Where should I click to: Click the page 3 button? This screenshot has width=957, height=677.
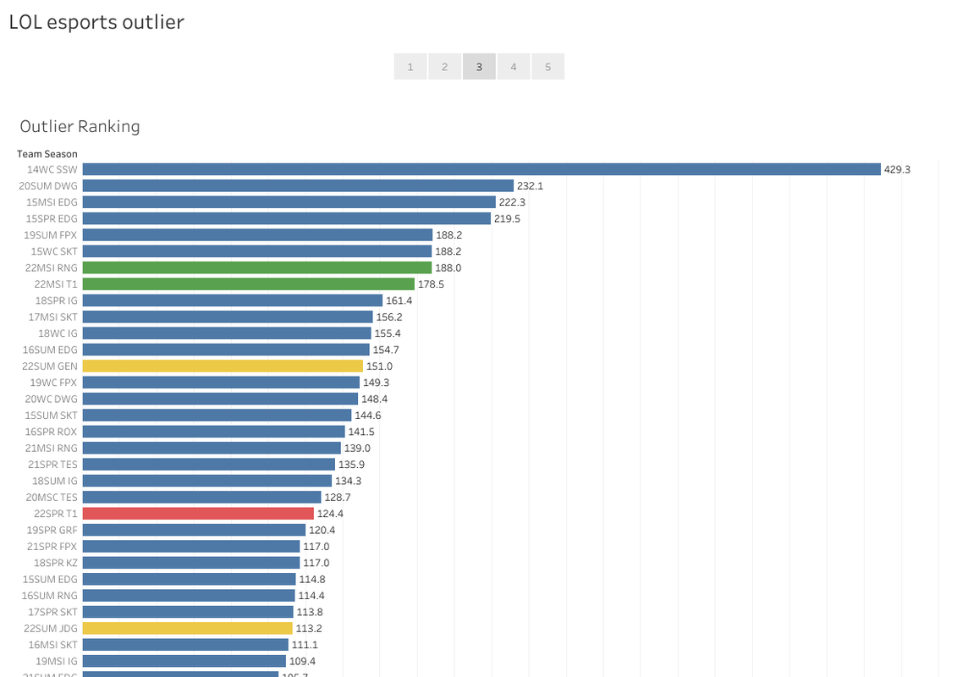click(479, 67)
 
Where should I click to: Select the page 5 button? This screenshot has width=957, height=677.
click(547, 67)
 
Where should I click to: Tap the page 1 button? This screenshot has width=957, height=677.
click(410, 67)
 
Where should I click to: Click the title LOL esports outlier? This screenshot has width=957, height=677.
click(96, 22)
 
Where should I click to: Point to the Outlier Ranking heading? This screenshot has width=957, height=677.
click(80, 126)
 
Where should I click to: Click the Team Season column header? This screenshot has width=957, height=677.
click(47, 154)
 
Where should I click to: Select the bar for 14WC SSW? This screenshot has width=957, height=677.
click(481, 169)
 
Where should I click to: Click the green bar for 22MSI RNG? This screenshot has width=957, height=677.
click(257, 267)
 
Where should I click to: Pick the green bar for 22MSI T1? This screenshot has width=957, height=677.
click(249, 284)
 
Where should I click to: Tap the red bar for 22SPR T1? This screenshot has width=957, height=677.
click(198, 514)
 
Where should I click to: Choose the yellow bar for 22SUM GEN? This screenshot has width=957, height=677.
click(223, 366)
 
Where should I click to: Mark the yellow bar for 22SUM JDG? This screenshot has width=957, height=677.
click(187, 628)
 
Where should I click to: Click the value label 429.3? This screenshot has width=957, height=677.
click(897, 169)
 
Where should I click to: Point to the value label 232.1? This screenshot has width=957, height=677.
click(531, 185)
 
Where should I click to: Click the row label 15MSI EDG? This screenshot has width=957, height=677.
click(52, 202)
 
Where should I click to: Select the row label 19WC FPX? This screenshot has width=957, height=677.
click(53, 383)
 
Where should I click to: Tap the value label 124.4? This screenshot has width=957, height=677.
click(330, 514)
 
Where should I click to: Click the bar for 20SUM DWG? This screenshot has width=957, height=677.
click(298, 185)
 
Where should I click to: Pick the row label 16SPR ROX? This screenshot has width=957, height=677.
click(52, 432)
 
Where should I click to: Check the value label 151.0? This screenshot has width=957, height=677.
click(379, 366)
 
